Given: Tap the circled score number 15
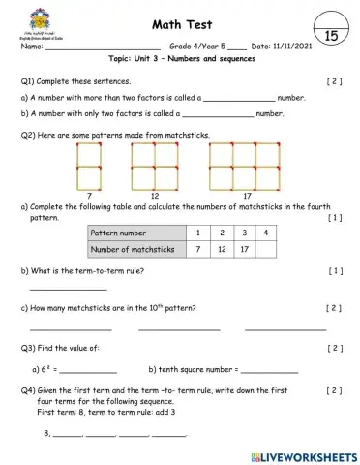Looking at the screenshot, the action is click(330, 36).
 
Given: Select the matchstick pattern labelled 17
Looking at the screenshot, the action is click(234, 165).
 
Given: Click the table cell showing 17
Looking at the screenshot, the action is click(244, 250).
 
